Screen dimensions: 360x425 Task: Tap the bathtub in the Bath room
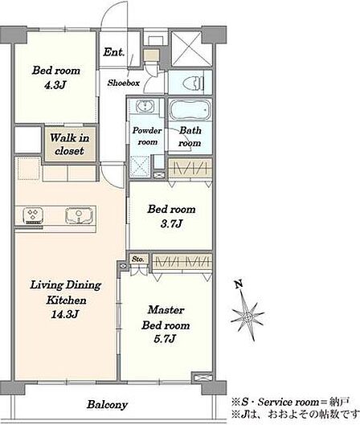190,110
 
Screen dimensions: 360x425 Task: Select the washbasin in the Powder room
145,105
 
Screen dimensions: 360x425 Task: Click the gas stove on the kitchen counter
33,215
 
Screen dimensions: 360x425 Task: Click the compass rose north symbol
247,316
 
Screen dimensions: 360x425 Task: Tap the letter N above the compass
239,284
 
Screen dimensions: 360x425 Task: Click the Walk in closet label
69,144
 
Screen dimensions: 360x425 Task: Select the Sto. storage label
137,259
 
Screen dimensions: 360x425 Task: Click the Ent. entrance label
113,51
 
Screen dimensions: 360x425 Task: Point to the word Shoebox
123,83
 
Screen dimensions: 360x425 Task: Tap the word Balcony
107,405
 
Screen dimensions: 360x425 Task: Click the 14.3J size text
65,314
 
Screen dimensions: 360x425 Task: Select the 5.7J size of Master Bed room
165,339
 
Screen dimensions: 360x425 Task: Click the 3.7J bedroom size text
171,223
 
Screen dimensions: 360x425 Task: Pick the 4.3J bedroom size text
55,85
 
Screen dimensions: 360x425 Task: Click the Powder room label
147,136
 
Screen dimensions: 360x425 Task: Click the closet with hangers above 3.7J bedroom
190,168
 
